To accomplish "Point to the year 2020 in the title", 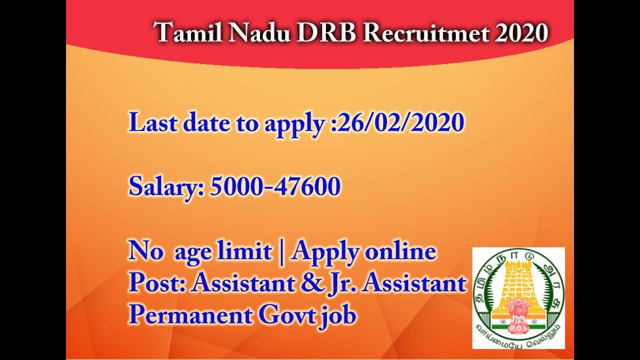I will pyautogui.click(x=521, y=34).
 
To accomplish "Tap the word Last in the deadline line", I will pyautogui.click(x=150, y=123).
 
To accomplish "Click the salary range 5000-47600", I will pyautogui.click(x=275, y=187).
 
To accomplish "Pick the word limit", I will pyautogui.click(x=249, y=251).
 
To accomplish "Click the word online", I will pyautogui.click(x=400, y=251).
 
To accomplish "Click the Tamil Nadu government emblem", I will pyautogui.click(x=518, y=297).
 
